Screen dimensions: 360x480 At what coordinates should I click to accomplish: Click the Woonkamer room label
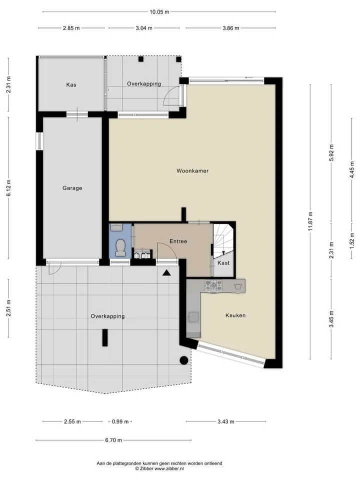point(192,171)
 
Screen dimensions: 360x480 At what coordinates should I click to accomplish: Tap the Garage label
point(72,188)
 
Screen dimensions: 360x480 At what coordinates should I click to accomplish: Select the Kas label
point(71,84)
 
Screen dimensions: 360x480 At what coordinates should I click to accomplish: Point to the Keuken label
point(235,315)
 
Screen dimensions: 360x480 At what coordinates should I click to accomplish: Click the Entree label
point(178,241)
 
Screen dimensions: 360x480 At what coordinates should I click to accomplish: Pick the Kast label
point(223,262)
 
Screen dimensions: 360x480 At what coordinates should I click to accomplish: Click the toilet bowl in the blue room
point(120,247)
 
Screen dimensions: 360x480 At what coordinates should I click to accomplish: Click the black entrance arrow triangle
point(166,273)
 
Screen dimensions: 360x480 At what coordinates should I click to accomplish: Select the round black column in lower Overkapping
point(183,360)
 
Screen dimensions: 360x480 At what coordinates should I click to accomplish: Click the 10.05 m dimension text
point(159,12)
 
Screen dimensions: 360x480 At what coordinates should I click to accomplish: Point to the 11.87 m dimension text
point(310,221)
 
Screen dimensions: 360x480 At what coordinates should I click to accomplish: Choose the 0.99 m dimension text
point(120,421)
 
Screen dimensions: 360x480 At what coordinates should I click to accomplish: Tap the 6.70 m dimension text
point(113,440)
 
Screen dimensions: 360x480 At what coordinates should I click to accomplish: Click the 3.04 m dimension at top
point(144,28)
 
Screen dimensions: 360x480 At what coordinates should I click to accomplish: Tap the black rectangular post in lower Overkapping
point(105,337)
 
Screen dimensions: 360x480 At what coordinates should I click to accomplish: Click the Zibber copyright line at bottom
point(159,468)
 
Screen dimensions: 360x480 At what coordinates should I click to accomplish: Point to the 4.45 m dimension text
point(352,170)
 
